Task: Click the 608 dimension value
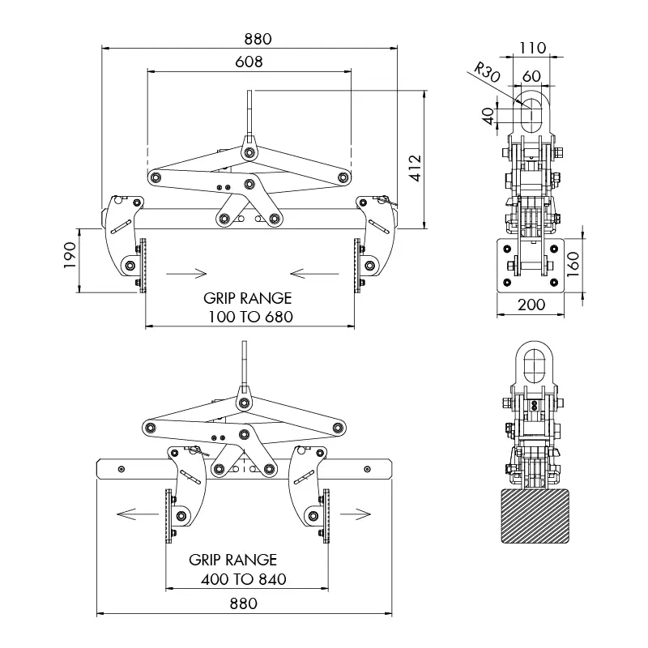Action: click(x=249, y=62)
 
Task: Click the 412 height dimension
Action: click(x=414, y=167)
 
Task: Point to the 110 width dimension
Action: click(x=531, y=48)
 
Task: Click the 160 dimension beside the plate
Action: click(x=573, y=264)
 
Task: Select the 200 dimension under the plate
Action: click(x=531, y=305)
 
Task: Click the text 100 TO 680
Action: click(x=249, y=316)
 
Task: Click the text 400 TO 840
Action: click(x=243, y=580)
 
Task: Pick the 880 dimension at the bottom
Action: click(x=243, y=603)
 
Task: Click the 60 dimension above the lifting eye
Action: click(x=531, y=75)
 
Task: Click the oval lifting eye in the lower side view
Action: click(x=532, y=364)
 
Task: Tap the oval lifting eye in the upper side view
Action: click(x=531, y=111)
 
